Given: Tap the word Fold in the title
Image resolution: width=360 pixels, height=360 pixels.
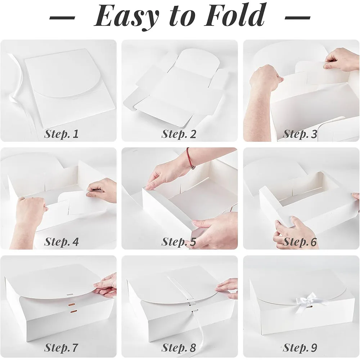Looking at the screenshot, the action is point(234,14).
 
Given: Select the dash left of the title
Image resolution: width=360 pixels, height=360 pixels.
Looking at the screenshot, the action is point(62,17).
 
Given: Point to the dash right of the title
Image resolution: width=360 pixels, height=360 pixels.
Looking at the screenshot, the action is point(298,17).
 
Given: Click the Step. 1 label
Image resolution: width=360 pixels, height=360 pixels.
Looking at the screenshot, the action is point(61,134).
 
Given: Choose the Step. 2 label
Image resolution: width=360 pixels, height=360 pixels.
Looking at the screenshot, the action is point(179,134).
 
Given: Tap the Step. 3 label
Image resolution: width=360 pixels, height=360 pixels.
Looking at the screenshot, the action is point(300,134).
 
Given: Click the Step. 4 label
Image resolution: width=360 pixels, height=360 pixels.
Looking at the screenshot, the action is point(61,242).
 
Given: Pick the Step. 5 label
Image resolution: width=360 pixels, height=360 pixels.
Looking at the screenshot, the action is point(179,242).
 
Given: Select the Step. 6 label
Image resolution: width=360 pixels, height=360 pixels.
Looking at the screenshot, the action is point(300,242).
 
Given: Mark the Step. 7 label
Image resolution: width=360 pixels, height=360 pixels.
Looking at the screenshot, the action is point(61,347).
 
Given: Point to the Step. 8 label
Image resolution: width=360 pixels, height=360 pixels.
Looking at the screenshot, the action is point(179,347).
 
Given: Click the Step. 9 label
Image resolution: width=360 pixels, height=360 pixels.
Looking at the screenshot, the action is point(300,347).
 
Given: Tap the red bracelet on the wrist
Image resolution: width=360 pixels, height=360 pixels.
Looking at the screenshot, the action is point(190,158).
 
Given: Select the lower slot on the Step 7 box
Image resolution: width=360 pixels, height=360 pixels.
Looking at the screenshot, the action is point(74,311).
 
